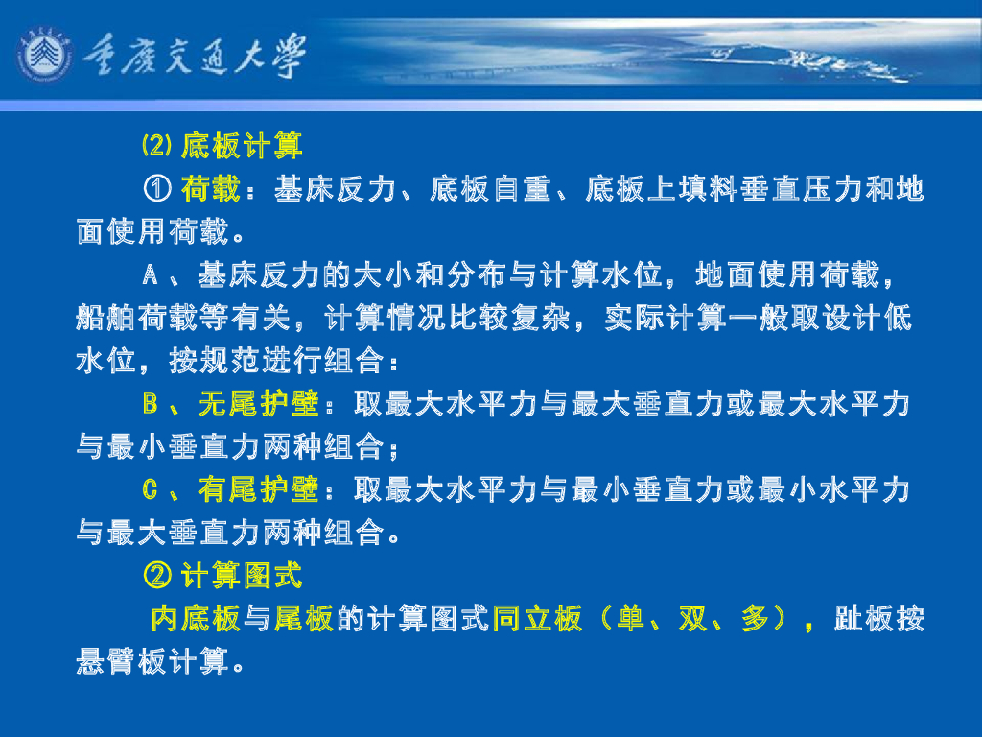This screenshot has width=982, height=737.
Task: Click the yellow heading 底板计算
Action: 243,147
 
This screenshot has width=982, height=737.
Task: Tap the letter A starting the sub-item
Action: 151,276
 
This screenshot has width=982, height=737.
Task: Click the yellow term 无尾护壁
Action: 258,405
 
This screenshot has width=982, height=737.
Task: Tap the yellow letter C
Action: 151,490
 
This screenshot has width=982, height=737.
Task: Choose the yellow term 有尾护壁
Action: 258,490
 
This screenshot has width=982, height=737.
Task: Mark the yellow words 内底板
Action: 195,619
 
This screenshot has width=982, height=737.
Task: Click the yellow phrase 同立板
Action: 537,619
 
